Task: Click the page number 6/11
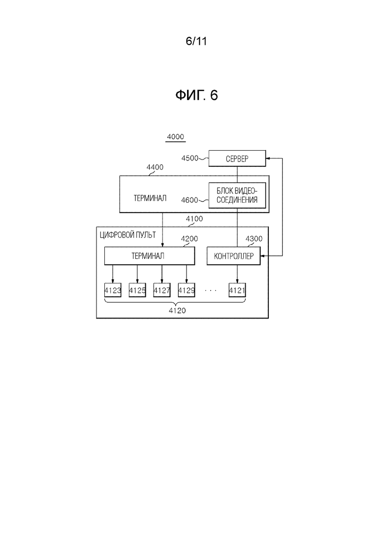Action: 196,41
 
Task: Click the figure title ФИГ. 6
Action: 196,95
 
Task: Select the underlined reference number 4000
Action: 176,137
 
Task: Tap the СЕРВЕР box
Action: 237,159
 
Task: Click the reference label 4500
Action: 190,158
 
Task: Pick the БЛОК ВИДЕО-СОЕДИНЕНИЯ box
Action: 237,195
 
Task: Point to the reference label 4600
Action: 190,200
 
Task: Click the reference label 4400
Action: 155,167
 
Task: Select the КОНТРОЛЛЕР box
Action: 234,256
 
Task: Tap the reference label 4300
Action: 254,239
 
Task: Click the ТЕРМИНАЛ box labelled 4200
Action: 150,256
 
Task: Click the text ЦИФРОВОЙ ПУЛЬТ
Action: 128,235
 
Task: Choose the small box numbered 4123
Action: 113,290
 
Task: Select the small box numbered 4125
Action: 137,290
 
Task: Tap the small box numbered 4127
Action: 162,290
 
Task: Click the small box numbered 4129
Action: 187,290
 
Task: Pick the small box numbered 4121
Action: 237,290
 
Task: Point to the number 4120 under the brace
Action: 177,311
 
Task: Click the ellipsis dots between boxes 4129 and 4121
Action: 211,290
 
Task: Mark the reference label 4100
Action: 194,219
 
